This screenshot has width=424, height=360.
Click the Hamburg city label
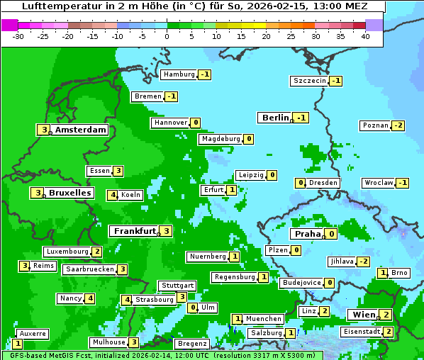(179, 74)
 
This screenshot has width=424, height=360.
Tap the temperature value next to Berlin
(302, 118)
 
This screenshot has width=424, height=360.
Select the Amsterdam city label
(80, 130)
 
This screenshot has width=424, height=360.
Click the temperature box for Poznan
(398, 125)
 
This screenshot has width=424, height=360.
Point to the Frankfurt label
(134, 231)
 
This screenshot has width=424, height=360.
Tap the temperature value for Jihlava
(364, 261)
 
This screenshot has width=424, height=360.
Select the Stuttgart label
(177, 286)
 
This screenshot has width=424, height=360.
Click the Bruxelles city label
(69, 193)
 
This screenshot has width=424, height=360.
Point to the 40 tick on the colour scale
(364, 36)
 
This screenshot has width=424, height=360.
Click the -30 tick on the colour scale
(18, 36)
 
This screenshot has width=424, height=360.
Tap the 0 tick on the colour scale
(167, 36)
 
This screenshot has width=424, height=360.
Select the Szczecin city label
(310, 81)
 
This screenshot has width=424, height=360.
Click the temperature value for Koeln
(112, 195)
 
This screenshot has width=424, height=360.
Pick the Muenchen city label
(263, 319)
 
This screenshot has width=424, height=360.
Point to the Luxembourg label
(67, 252)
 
